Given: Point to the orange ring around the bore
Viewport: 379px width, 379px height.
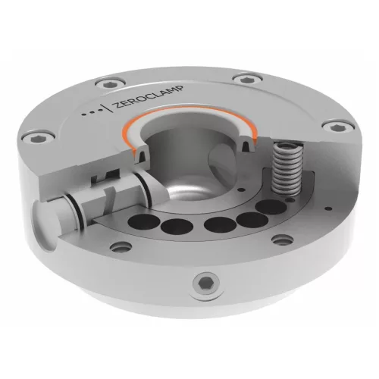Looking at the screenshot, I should (189, 120).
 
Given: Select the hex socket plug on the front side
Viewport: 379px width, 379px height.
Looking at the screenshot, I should (204, 283).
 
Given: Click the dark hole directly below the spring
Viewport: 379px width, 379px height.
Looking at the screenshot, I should (275, 205).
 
